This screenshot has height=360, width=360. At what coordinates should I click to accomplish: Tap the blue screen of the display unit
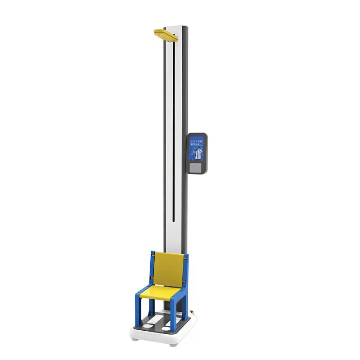click(197, 149)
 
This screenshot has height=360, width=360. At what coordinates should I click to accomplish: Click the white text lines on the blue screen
click(197, 142)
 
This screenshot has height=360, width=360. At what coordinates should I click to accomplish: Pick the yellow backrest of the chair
click(169, 269)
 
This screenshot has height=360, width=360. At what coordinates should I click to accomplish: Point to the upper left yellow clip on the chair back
click(153, 255)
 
